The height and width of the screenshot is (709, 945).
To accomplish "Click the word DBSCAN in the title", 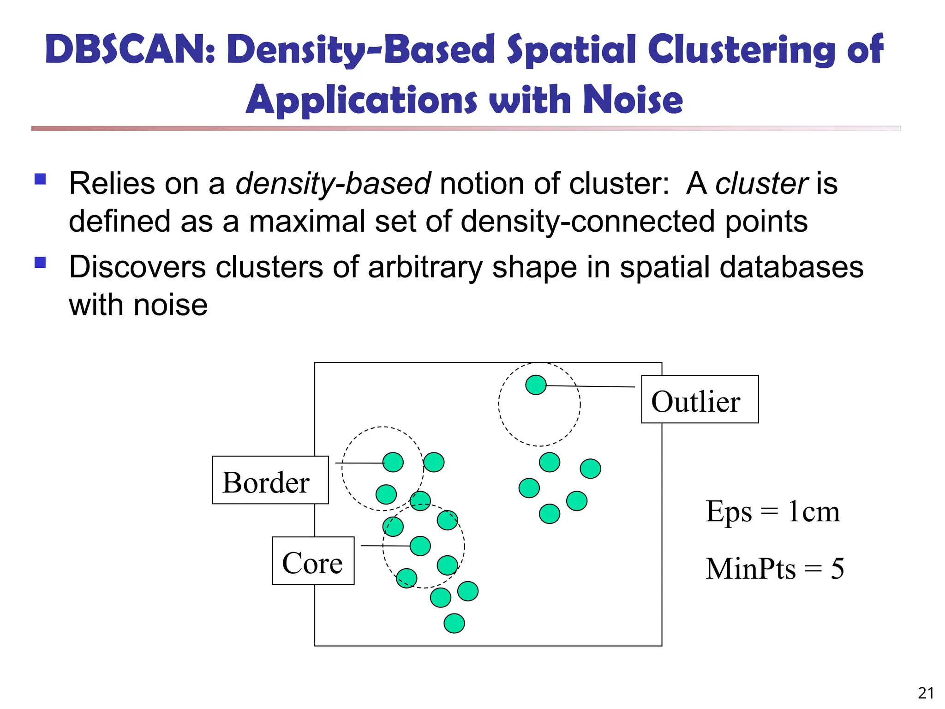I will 129,49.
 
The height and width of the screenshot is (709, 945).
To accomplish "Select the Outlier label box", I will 700,399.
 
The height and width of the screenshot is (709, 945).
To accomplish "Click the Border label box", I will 270,480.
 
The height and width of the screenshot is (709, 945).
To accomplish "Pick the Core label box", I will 313,561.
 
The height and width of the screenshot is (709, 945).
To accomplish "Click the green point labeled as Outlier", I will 536,385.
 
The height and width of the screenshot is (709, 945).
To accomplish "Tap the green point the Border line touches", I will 393,462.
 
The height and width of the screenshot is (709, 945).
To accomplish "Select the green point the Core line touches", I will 420,546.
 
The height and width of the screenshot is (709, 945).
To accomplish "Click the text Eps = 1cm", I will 772,511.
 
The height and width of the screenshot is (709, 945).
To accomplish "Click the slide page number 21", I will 926,693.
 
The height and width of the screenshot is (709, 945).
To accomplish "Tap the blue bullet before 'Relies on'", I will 40,179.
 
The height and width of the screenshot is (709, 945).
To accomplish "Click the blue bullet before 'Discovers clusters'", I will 40,263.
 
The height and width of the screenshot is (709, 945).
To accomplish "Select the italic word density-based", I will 333,184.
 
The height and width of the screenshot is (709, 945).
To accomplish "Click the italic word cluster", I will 761,184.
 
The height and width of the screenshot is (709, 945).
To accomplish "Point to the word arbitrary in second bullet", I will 425,267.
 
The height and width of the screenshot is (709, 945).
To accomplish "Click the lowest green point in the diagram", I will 454,623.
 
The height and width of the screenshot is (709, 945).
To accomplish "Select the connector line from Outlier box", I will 591,386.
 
